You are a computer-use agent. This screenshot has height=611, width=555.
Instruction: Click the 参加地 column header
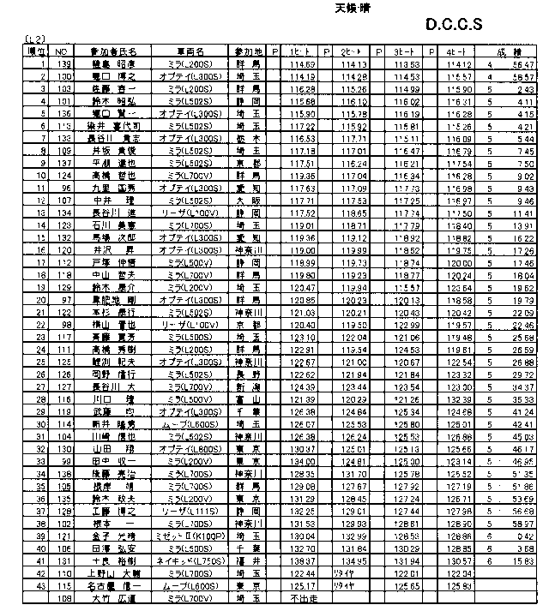[249, 51]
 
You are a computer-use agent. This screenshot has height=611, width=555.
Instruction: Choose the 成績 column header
[507, 51]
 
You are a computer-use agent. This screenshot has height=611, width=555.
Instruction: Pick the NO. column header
[61, 51]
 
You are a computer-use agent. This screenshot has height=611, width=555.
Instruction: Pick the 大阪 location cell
[249, 202]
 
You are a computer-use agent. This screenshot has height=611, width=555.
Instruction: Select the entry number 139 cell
[61, 63]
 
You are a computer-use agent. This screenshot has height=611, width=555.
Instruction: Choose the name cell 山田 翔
[102, 450]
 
